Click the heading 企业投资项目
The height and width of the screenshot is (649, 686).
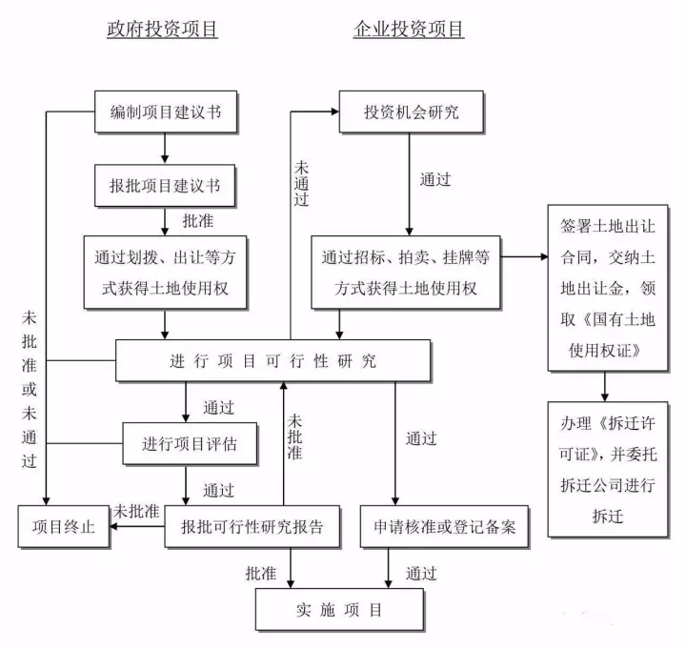409,30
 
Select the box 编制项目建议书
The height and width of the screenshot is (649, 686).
166,112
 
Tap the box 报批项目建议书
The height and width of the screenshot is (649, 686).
166,185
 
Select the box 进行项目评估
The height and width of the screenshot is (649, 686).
189,443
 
